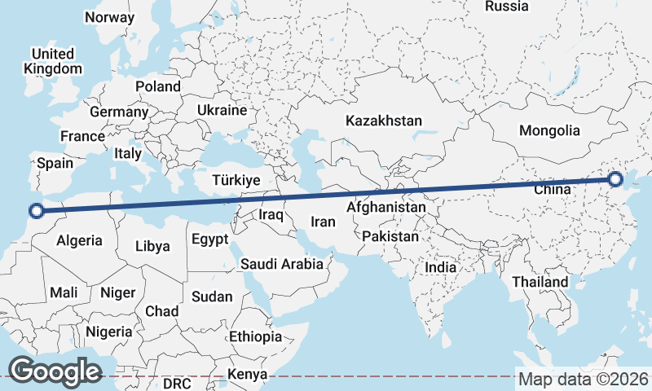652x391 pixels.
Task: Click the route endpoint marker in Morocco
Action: coord(35,212)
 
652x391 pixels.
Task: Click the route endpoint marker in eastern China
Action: coord(615,179)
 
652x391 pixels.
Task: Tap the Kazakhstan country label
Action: coord(383,121)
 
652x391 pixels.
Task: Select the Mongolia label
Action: coord(549,130)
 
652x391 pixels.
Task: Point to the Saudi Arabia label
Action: coord(282,264)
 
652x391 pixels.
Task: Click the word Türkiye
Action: coord(236,180)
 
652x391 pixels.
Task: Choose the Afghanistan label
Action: coord(385,208)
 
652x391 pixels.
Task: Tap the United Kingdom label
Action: coord(53,61)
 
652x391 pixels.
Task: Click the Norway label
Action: coord(109,17)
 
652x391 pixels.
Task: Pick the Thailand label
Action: coord(540,282)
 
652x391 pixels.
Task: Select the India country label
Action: coord(441,267)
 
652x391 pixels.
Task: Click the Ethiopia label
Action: coord(255,336)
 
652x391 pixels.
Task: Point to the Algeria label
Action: coord(79,240)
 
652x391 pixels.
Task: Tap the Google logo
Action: coord(55,371)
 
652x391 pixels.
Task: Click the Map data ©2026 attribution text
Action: coord(583,380)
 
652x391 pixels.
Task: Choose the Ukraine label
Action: coord(221,110)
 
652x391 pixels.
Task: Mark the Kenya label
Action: coord(249,374)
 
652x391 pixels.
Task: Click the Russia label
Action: coord(506,7)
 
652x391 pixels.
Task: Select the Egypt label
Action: coord(210,239)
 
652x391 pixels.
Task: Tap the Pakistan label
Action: coord(390,237)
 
